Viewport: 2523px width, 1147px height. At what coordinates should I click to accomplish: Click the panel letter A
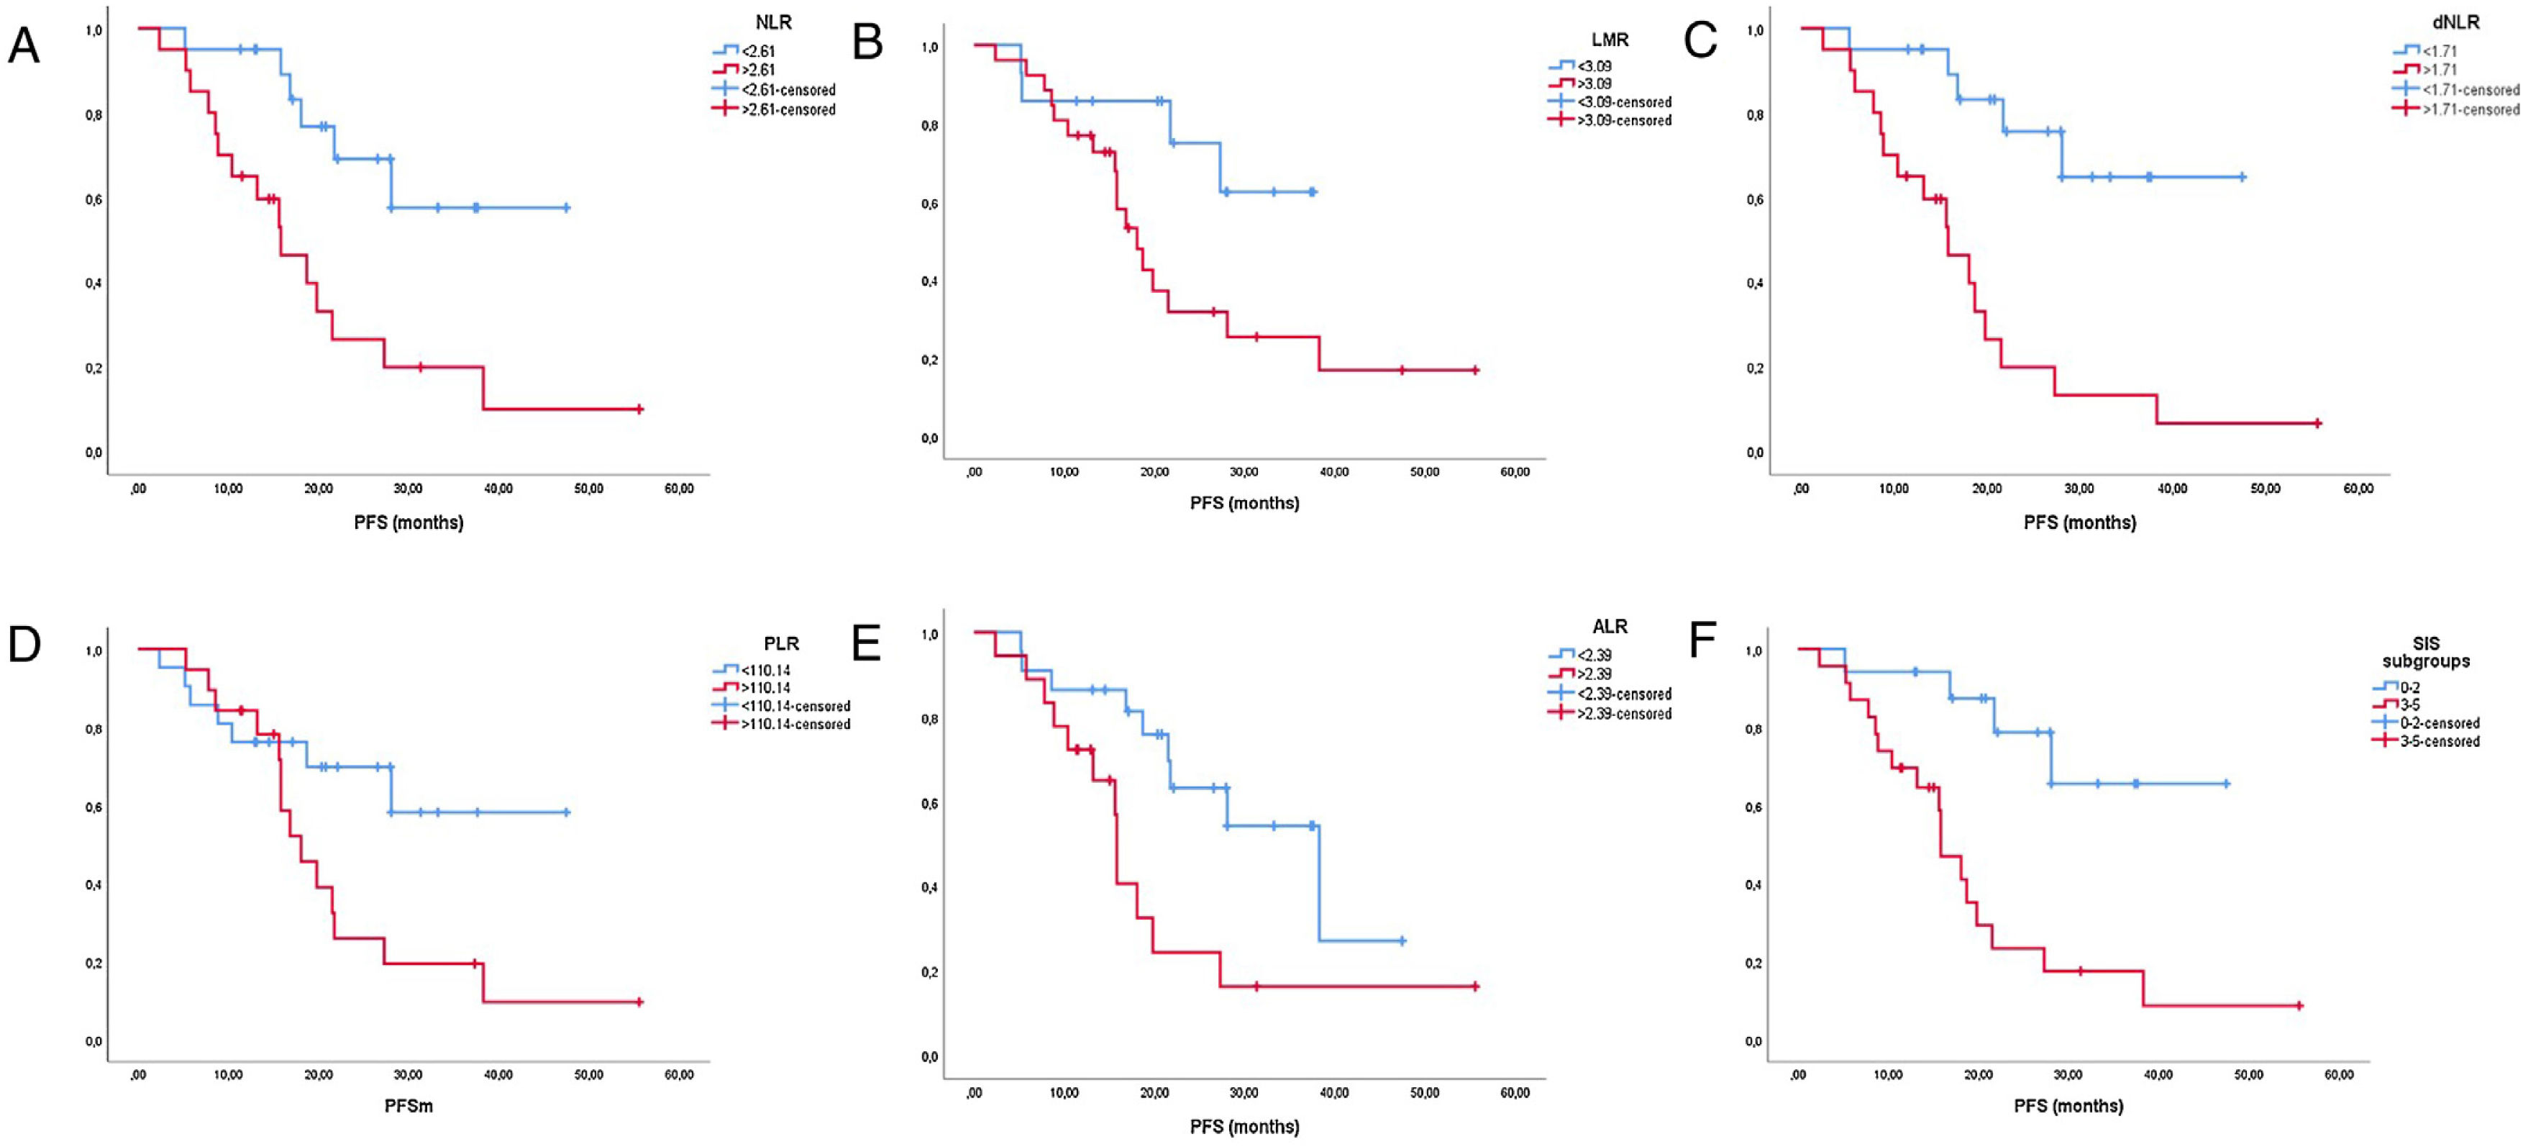pyautogui.click(x=24, y=46)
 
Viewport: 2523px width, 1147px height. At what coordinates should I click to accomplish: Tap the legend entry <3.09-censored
pyautogui.click(x=1623, y=102)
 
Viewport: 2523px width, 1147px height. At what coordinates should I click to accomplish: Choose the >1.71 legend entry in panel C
pyautogui.click(x=2439, y=70)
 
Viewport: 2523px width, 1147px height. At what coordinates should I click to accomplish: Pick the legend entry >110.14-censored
pyautogui.click(x=794, y=724)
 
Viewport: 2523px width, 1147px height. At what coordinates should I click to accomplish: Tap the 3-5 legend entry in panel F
pyautogui.click(x=2410, y=705)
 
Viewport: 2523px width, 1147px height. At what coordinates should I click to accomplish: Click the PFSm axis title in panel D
pyautogui.click(x=408, y=1106)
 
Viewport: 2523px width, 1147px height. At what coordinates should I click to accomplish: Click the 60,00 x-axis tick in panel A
pyautogui.click(x=679, y=489)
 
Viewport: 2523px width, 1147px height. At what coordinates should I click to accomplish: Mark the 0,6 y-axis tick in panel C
pyautogui.click(x=1754, y=200)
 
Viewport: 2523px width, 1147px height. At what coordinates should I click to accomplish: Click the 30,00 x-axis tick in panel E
pyautogui.click(x=1244, y=1092)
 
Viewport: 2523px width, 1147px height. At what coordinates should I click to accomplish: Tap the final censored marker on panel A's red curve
pyautogui.click(x=639, y=409)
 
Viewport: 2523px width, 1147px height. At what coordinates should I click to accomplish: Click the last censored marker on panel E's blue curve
pyautogui.click(x=1402, y=940)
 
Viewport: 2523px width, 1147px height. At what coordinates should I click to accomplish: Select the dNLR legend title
pyautogui.click(x=2456, y=22)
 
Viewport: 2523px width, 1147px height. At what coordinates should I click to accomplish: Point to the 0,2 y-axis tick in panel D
pyautogui.click(x=94, y=963)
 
